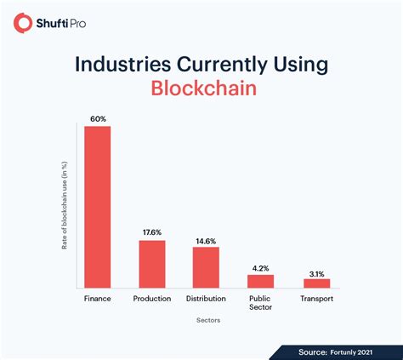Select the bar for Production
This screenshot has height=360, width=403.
tap(152, 264)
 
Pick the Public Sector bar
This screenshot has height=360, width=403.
tap(260, 281)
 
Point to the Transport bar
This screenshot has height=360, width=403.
tap(316, 283)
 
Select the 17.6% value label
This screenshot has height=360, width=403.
tap(152, 232)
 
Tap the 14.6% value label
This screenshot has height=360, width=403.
tap(206, 239)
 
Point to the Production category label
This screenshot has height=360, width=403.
tap(152, 299)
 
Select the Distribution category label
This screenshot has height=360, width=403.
tap(206, 299)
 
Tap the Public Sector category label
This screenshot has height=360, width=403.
tap(260, 304)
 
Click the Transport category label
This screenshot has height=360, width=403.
tap(316, 299)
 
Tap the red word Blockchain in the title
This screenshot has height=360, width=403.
tap(201, 89)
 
